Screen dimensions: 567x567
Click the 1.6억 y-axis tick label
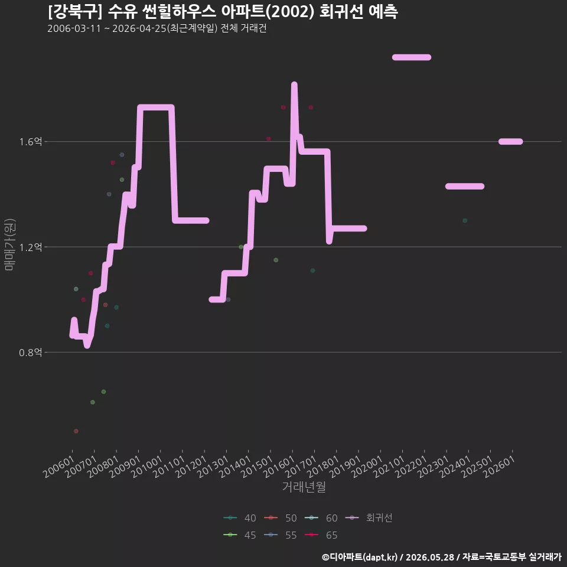point(31,141)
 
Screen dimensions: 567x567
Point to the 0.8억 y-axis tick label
point(31,352)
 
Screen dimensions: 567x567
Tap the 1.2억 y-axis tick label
point(31,247)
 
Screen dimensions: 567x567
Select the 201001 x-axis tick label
point(147,467)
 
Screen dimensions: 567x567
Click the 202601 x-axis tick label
point(500,467)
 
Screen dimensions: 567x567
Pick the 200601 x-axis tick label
point(59,467)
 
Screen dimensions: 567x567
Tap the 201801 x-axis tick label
point(323,467)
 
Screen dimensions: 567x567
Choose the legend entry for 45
point(240,535)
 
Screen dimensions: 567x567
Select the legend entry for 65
point(321,535)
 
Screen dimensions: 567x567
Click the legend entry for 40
point(240,518)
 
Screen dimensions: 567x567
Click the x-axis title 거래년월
point(304,487)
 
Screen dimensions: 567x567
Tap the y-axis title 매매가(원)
point(9,245)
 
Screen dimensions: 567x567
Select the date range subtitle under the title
point(157,28)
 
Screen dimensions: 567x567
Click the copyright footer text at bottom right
point(442,557)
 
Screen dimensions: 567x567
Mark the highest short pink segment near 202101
point(412,57)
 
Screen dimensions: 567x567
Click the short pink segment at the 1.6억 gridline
point(510,141)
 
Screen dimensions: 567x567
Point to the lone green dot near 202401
point(465,220)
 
